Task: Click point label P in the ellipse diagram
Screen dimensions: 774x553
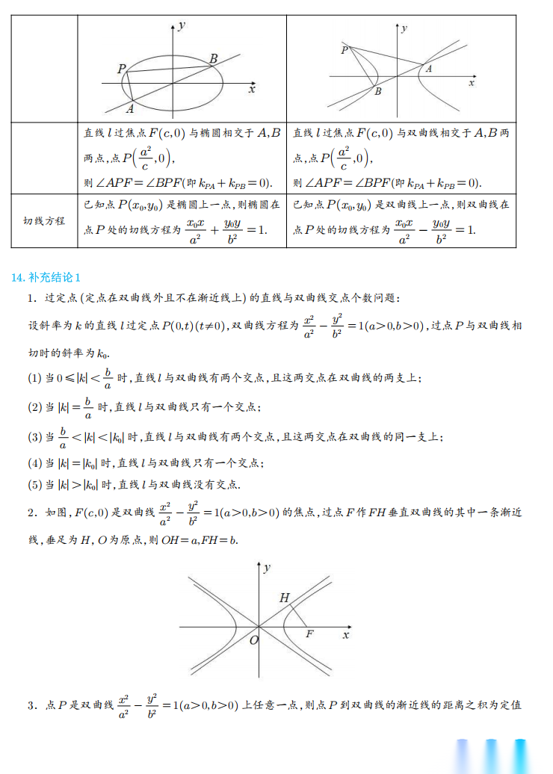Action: tap(122, 69)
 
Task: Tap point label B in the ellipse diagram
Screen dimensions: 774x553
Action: tap(213, 59)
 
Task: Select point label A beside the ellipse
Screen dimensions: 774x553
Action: tap(130, 109)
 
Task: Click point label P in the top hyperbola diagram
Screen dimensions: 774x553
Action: tap(345, 49)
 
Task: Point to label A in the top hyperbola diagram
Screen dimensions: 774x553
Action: tap(428, 69)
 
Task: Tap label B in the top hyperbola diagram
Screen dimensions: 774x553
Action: tap(377, 91)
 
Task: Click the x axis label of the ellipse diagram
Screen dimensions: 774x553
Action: tap(252, 89)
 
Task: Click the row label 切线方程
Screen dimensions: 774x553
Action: tap(44, 221)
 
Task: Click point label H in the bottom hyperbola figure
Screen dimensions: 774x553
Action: tap(284, 598)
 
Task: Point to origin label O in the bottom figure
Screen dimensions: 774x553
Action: tap(253, 640)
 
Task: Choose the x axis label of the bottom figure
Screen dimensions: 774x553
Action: tap(345, 634)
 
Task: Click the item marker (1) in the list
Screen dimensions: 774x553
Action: tap(35, 378)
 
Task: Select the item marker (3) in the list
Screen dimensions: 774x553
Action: tap(35, 436)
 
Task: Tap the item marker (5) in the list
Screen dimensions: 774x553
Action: tap(35, 484)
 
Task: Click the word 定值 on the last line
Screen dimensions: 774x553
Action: tap(510, 705)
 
